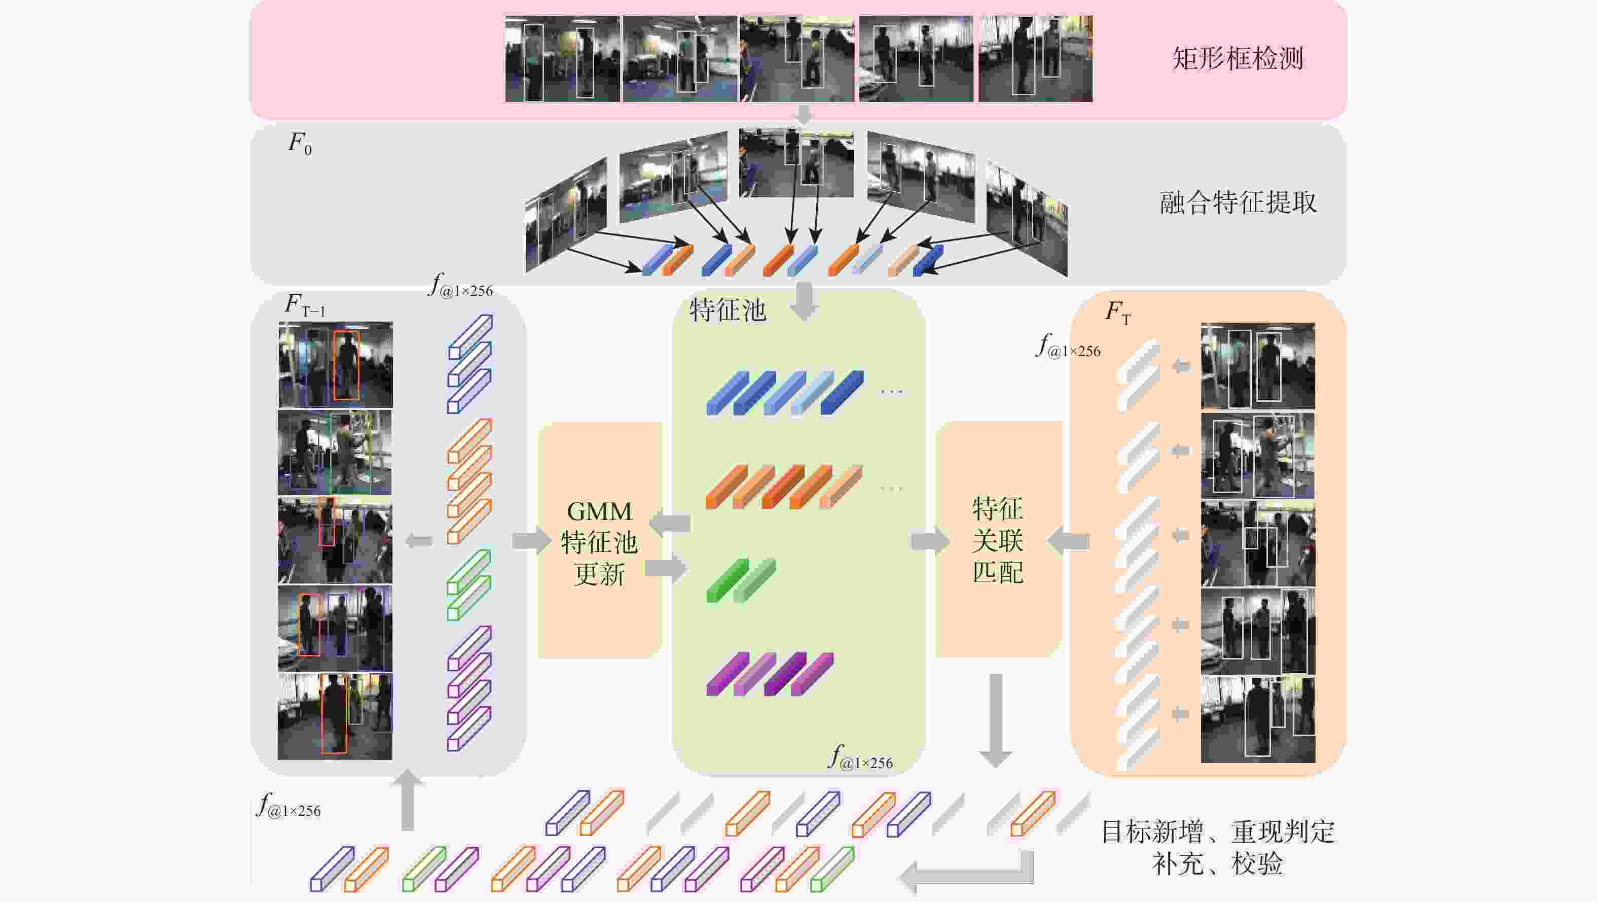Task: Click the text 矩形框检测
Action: point(1238,59)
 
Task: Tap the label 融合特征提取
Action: point(1238,202)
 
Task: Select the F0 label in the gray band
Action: point(300,144)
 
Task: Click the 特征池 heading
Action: point(728,309)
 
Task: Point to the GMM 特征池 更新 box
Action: point(599,540)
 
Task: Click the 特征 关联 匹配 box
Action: point(998,539)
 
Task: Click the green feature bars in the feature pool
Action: point(741,580)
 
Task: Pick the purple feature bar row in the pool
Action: point(770,674)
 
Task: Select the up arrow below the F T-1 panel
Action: point(407,800)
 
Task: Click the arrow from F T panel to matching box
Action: point(1068,541)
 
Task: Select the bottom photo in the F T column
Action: point(1258,719)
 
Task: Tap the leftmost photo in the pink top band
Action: point(562,59)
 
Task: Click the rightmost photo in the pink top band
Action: point(1035,59)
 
